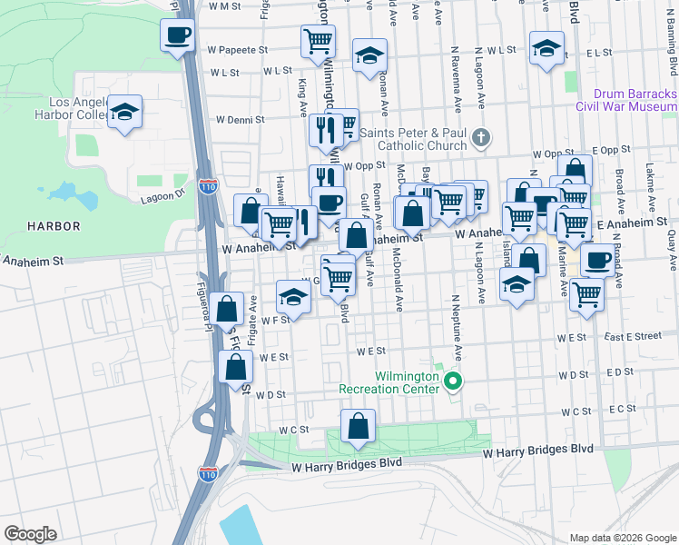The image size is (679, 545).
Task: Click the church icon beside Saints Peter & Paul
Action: (x=481, y=139)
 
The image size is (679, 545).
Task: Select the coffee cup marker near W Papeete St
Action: (x=177, y=36)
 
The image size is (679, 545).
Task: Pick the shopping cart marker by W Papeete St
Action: (x=318, y=41)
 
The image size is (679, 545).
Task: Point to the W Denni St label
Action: (x=240, y=119)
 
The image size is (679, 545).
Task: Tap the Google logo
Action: (x=31, y=534)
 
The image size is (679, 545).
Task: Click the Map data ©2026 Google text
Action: (x=622, y=537)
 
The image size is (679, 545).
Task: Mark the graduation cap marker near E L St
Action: (x=546, y=49)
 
